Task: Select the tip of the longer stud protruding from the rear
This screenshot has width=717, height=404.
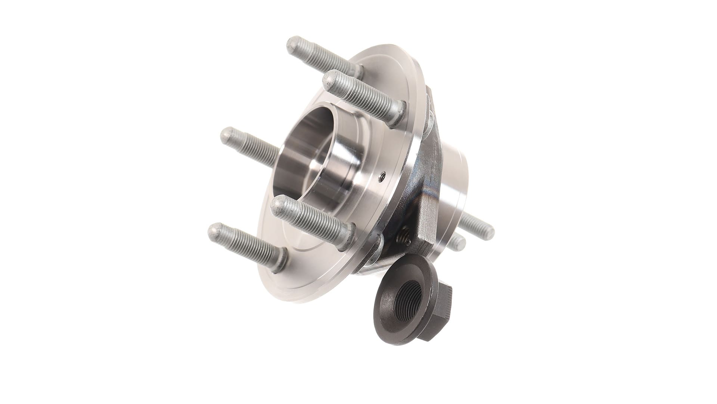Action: [487, 228]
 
